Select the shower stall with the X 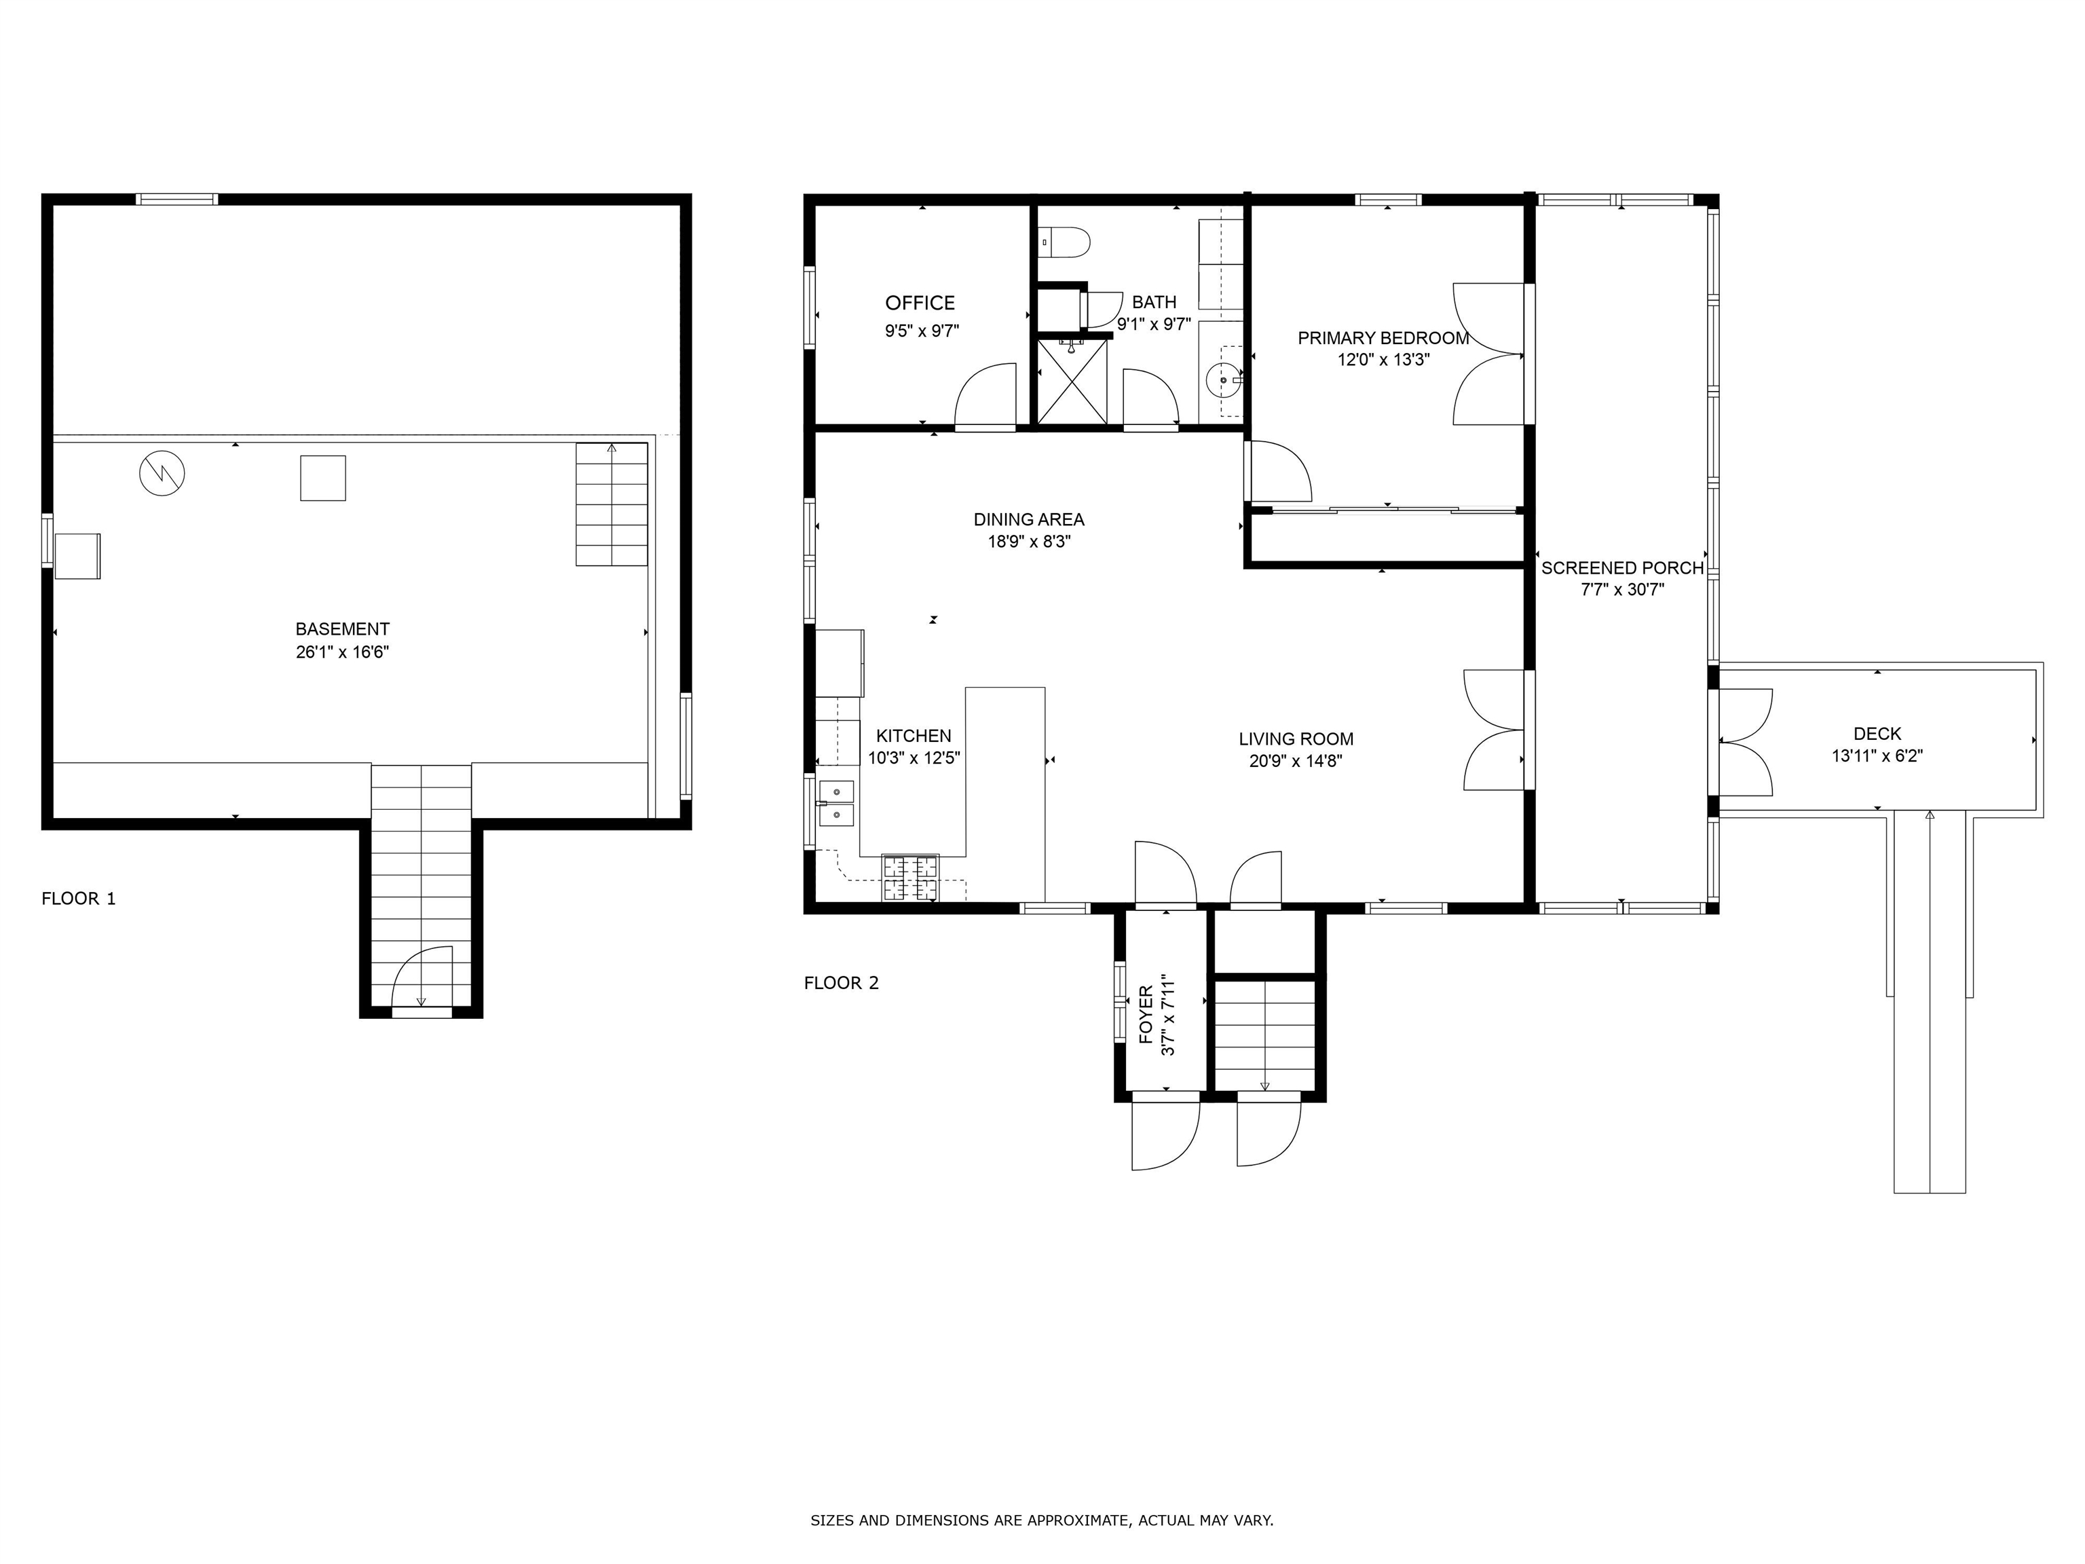pyautogui.click(x=1072, y=381)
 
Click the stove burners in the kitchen pyautogui.click(x=911, y=877)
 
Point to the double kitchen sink pyautogui.click(x=836, y=802)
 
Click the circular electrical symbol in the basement pyautogui.click(x=162, y=472)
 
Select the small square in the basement pyautogui.click(x=322, y=478)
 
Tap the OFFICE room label pyautogui.click(x=920, y=303)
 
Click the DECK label pyautogui.click(x=1877, y=733)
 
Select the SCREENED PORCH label pyautogui.click(x=1622, y=567)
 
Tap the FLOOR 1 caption pyautogui.click(x=78, y=899)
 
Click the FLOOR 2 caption pyautogui.click(x=841, y=984)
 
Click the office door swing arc pyautogui.click(x=984, y=395)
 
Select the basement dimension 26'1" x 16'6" pyautogui.click(x=342, y=652)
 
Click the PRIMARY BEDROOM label pyautogui.click(x=1383, y=337)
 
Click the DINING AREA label pyautogui.click(x=1028, y=519)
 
